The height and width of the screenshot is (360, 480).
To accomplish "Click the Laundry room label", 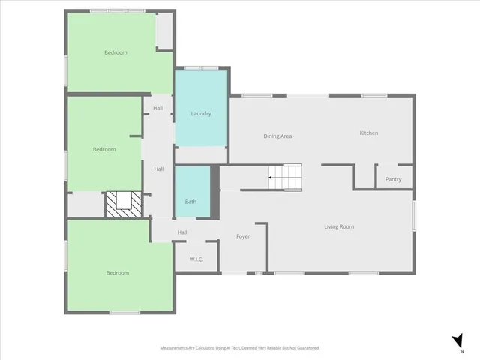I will [200, 114].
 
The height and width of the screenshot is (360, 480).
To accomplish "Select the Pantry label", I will [393, 179].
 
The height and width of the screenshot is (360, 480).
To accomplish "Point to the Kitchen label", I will [368, 133].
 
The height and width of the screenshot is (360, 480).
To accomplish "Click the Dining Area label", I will [277, 136].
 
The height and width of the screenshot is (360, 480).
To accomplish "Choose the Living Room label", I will [339, 226].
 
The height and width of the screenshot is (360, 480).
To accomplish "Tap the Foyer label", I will [243, 236].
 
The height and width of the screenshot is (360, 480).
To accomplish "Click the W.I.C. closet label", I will [196, 259].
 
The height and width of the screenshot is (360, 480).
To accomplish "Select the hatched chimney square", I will [122, 204].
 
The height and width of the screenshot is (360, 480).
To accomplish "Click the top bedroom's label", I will [115, 52].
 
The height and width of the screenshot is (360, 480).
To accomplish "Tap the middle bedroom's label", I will [104, 149].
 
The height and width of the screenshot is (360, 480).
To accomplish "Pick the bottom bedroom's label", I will [117, 272].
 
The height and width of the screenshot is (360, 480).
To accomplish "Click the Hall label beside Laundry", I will [158, 109].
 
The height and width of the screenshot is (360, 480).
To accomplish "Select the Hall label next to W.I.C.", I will [182, 232].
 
